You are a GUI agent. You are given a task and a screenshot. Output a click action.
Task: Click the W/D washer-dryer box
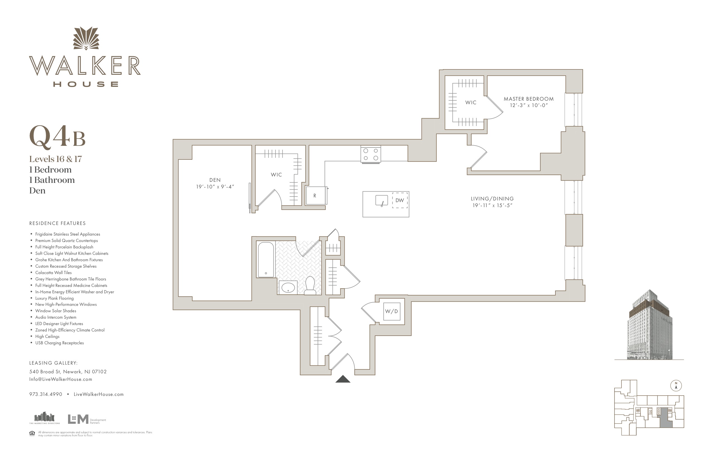391,311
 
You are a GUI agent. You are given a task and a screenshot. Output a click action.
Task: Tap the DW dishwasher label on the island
400,200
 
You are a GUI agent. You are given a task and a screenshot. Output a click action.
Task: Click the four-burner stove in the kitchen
371,154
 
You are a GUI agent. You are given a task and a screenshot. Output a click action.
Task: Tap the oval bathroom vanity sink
288,288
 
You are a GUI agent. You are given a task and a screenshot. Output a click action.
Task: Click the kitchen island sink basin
381,200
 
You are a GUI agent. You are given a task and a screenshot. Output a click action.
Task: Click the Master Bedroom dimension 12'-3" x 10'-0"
528,105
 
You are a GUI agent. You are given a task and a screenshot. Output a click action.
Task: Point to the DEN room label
215,180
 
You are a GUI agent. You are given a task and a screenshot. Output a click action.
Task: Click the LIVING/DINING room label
492,198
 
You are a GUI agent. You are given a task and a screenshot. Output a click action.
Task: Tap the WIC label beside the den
276,175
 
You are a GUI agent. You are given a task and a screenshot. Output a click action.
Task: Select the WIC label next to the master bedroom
471,103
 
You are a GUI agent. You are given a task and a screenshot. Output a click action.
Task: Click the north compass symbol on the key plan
676,386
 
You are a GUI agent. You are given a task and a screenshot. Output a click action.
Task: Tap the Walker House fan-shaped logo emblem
86,38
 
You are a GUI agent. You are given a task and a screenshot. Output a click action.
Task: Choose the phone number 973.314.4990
46,394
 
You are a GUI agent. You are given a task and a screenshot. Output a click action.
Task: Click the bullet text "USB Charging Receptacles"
59,343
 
